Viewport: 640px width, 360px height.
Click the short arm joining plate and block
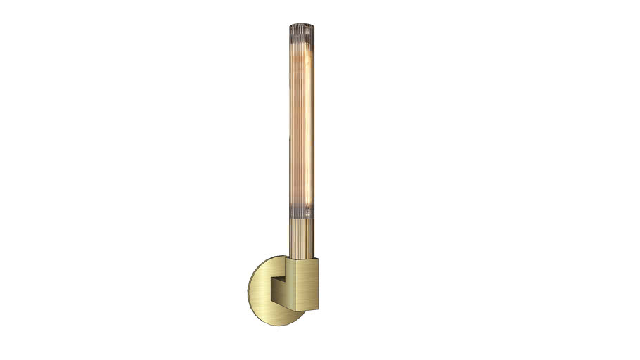(279, 285)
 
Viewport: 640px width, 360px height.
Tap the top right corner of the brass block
(320, 259)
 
